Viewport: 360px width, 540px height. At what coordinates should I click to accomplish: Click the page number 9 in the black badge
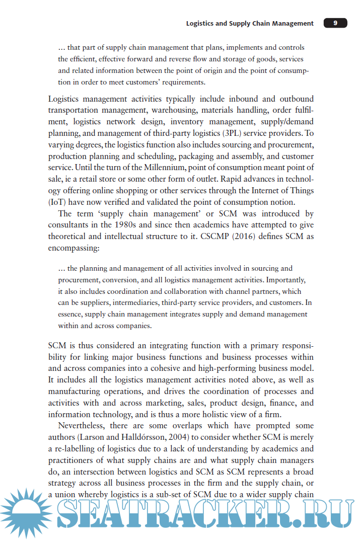[x=335, y=23]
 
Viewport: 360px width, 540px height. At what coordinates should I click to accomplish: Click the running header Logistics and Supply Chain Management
[x=250, y=23]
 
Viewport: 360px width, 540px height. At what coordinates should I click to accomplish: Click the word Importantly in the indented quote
[x=285, y=280]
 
